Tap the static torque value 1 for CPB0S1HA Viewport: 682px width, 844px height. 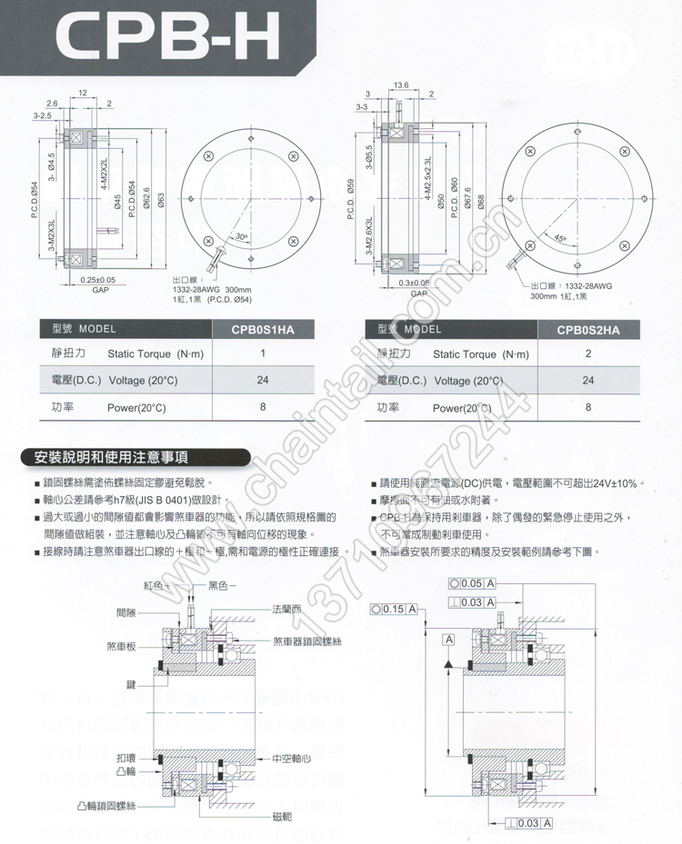(x=263, y=353)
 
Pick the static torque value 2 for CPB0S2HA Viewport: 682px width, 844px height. (x=588, y=353)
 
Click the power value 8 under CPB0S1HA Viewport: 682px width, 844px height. (x=263, y=407)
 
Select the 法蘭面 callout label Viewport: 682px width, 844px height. (x=289, y=609)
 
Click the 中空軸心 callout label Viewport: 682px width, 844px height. (x=292, y=757)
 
